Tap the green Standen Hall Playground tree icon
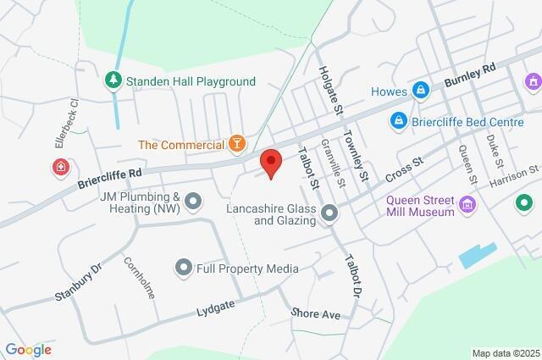pos(113,81)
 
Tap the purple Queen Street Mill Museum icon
pos(467,206)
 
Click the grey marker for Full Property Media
pos(183,269)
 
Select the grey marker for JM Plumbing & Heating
pos(194,201)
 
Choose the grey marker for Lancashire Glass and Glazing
pos(329,214)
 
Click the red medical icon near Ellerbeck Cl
pos(61,167)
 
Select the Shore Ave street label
pos(315,314)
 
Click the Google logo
pos(28,349)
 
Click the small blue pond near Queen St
pos(478,254)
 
